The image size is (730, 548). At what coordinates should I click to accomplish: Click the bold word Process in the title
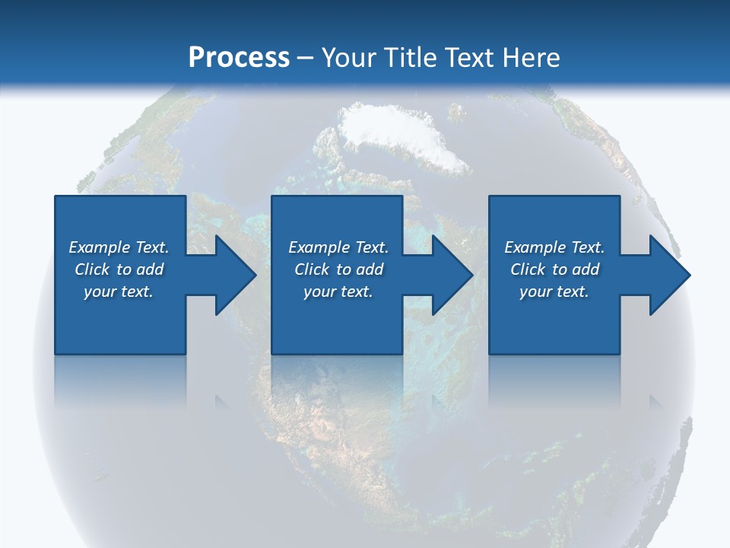click(239, 57)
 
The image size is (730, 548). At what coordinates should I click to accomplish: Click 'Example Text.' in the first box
click(119, 247)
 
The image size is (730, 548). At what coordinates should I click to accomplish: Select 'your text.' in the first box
click(119, 292)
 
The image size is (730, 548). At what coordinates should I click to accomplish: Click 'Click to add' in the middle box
click(338, 269)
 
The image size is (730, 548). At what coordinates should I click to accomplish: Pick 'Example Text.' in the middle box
click(338, 247)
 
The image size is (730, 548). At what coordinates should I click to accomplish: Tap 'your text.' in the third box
click(554, 292)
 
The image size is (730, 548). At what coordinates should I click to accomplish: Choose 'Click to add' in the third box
click(554, 269)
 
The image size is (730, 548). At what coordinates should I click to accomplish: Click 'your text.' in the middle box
click(338, 292)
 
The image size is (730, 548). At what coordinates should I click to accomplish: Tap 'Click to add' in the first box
click(119, 269)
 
